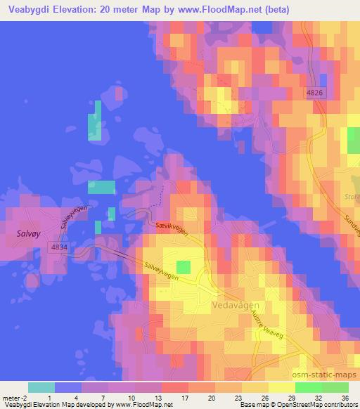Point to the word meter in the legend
13,396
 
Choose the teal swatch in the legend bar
41,387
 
